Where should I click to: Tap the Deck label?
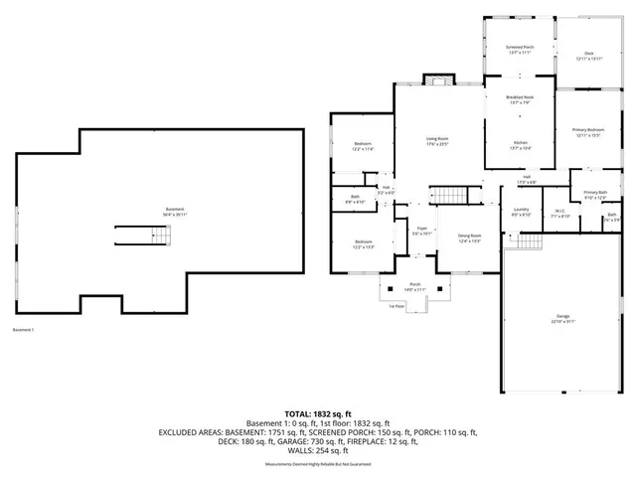point(588,55)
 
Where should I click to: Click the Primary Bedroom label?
point(587,132)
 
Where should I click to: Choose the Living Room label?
point(437,141)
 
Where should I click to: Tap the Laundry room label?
point(521,211)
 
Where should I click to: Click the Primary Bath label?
point(594,195)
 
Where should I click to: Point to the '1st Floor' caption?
point(397,306)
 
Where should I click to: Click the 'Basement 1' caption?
point(24,330)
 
